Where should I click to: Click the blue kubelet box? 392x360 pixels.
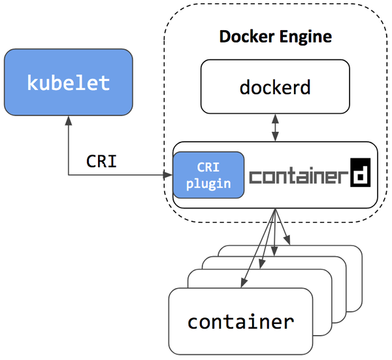[x=69, y=82]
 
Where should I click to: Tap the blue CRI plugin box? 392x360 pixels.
[x=208, y=175]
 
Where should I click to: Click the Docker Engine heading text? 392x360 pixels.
[x=275, y=37]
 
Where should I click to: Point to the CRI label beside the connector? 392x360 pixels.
[x=101, y=161]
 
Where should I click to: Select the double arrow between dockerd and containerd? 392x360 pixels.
[x=276, y=127]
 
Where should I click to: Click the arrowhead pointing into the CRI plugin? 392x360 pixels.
[x=169, y=175]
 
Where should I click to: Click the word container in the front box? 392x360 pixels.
[x=240, y=321]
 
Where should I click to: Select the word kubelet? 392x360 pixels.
[x=69, y=83]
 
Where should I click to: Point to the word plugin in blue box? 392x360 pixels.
[x=208, y=183]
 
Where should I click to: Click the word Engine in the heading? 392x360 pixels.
[x=308, y=37]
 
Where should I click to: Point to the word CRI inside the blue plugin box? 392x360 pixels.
[x=208, y=167]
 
